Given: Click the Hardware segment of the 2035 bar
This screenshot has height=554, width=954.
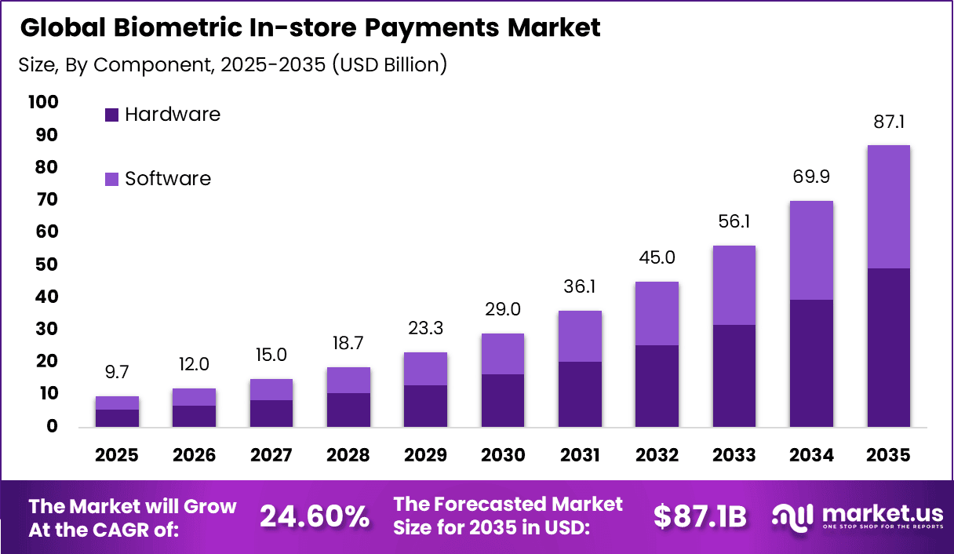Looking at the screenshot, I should click(889, 347).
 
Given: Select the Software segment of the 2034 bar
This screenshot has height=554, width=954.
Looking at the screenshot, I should click(811, 250).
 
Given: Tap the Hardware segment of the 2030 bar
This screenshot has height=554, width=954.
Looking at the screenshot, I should click(502, 400).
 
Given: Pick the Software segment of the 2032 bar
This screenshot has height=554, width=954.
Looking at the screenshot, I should click(657, 313).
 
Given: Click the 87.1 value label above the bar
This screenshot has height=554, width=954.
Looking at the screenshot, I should click(889, 122).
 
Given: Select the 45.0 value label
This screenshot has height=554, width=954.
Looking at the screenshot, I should click(657, 258).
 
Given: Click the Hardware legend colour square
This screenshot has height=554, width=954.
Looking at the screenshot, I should click(111, 115).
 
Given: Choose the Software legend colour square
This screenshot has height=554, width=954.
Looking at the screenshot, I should click(111, 179).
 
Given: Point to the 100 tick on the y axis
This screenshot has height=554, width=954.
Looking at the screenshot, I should click(42, 102).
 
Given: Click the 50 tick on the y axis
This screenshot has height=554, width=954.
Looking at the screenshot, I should click(46, 264).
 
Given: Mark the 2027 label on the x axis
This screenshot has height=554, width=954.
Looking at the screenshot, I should click(271, 456).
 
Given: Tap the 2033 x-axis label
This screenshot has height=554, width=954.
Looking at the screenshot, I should click(734, 456).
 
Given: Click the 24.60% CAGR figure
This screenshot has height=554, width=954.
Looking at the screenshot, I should click(314, 516).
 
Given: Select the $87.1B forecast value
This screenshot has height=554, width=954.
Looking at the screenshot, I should click(700, 516).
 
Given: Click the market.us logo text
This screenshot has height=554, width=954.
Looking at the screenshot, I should click(882, 513).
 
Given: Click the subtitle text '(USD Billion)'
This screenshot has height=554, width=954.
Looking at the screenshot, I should click(389, 64).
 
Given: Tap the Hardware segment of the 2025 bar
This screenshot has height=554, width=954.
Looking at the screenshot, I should click(118, 417).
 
